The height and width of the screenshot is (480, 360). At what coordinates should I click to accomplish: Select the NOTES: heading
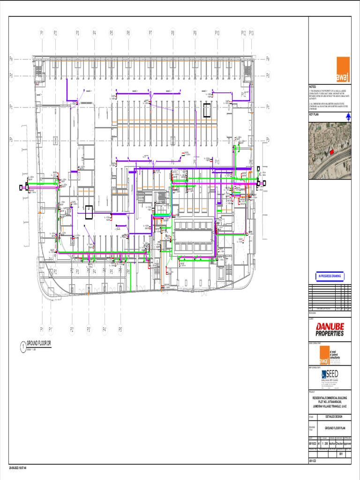tap(313, 87)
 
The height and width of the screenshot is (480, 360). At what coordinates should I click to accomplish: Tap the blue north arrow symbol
tap(347, 119)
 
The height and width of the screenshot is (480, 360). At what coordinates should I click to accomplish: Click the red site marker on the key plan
tap(331, 152)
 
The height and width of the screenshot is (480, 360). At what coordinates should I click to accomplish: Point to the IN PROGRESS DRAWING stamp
tap(330, 276)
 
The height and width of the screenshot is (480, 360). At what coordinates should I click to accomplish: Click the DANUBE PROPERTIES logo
tap(330, 330)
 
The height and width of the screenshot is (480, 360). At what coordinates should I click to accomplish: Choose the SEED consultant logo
tap(330, 375)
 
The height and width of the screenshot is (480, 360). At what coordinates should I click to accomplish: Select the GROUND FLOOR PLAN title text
tap(335, 428)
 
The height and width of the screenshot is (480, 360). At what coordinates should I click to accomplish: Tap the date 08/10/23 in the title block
tap(313, 443)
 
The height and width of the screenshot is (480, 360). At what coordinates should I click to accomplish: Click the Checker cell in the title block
tap(339, 443)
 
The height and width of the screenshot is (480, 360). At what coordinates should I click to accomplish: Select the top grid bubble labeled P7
tap(150, 33)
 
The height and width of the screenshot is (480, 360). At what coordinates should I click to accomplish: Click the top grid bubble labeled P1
tap(42, 33)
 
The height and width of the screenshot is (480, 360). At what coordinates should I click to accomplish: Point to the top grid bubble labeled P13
tap(251, 33)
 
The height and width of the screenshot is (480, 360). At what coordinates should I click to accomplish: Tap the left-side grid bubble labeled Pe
tap(11, 59)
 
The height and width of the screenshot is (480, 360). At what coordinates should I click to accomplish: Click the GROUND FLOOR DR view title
tap(38, 344)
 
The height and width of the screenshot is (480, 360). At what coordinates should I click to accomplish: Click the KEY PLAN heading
tap(314, 114)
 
